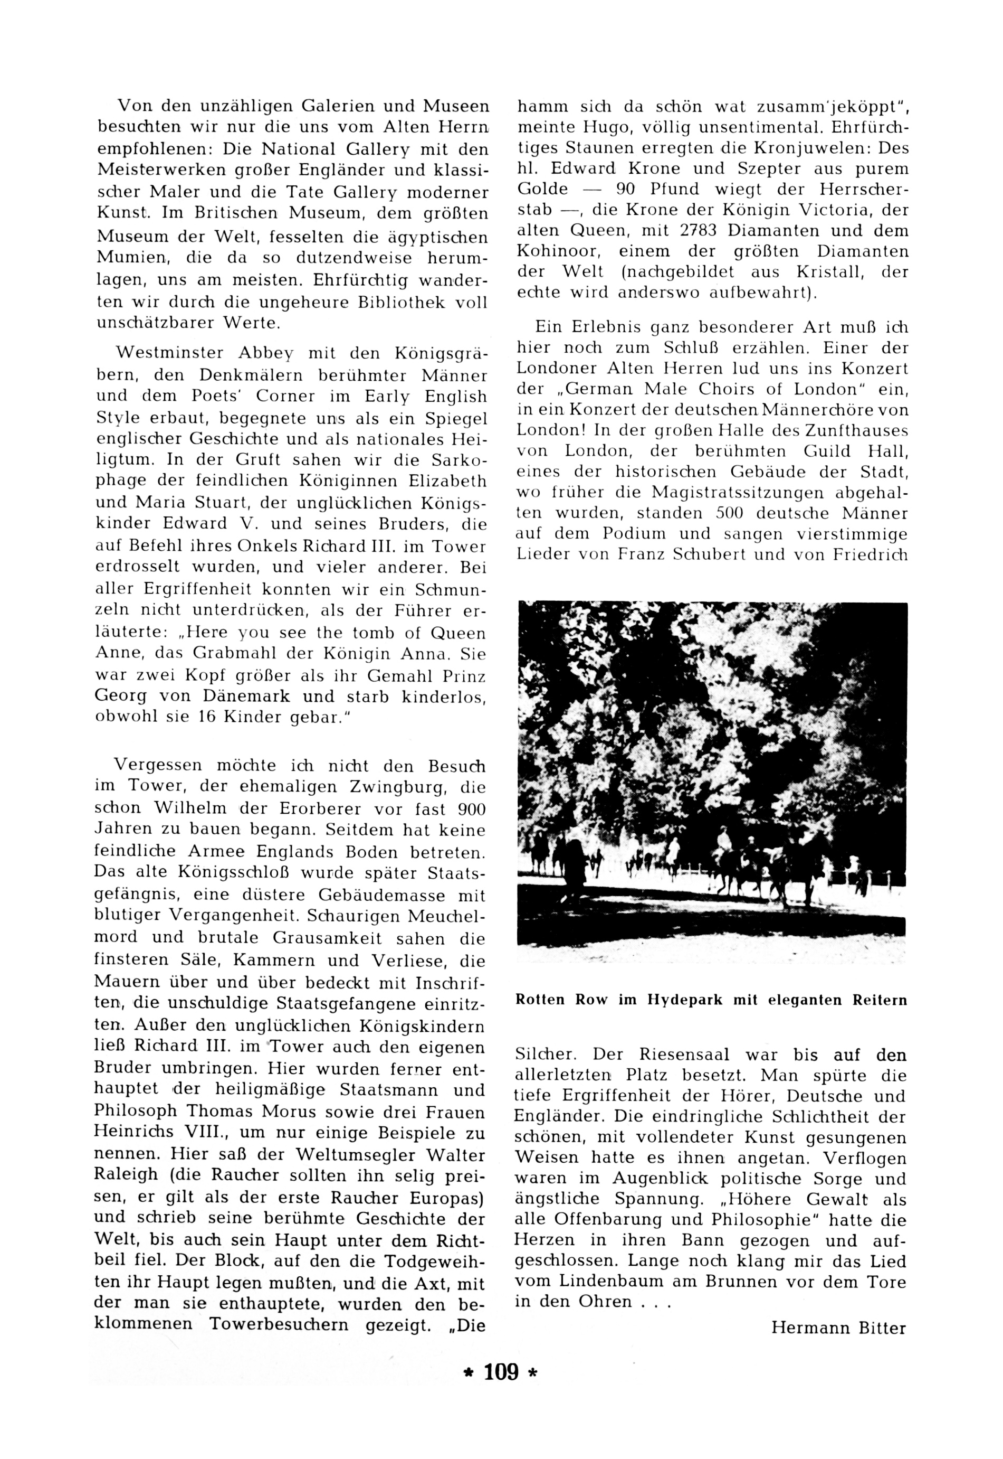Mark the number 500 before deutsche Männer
coord(730,513)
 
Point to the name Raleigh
coord(129,1176)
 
